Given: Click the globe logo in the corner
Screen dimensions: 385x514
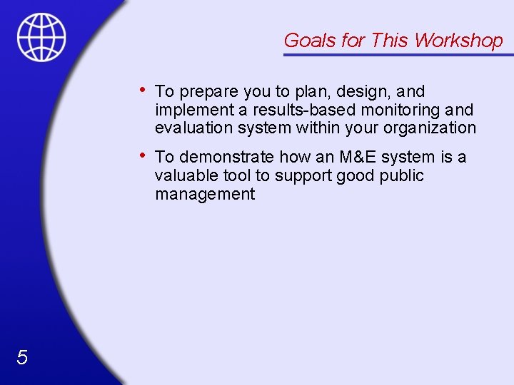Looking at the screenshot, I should [41, 38].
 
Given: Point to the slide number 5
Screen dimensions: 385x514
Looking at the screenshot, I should [22, 358].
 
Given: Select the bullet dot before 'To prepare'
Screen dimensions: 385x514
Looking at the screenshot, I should [144, 90].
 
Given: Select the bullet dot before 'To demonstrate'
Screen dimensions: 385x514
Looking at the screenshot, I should [144, 155].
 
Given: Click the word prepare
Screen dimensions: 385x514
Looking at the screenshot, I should [209, 92].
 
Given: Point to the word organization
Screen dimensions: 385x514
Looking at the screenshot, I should [430, 129].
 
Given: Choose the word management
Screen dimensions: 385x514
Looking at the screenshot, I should [204, 194].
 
